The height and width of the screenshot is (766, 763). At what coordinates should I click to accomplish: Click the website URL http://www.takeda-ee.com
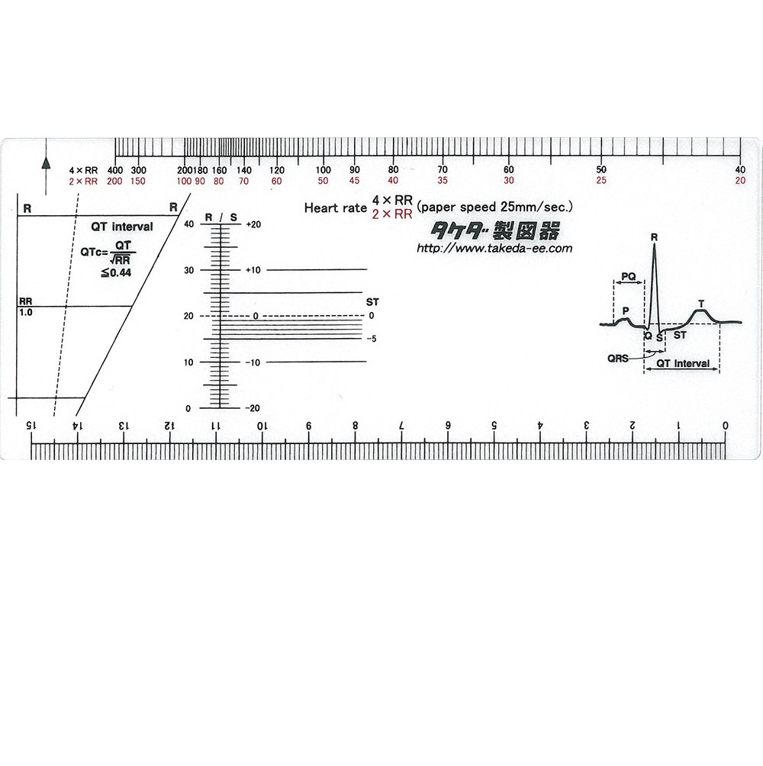pyautogui.click(x=494, y=248)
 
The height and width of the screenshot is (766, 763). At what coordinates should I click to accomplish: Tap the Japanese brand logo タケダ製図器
pyautogui.click(x=495, y=230)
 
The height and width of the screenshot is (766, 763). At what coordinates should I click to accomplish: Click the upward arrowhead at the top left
pyautogui.click(x=46, y=163)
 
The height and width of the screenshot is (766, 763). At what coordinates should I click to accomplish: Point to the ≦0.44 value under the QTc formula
pyautogui.click(x=116, y=272)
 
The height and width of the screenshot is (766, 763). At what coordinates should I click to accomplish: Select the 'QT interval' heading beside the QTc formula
pyautogui.click(x=121, y=227)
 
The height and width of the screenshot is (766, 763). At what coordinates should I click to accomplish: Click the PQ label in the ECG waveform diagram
pyautogui.click(x=628, y=276)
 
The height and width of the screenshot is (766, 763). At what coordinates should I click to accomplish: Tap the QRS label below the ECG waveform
pyautogui.click(x=617, y=359)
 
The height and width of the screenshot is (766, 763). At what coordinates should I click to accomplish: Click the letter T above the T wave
pyautogui.click(x=701, y=304)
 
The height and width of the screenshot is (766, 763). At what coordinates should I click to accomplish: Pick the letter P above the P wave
pyautogui.click(x=626, y=311)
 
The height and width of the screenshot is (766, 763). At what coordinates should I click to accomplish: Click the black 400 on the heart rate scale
pyautogui.click(x=115, y=170)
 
